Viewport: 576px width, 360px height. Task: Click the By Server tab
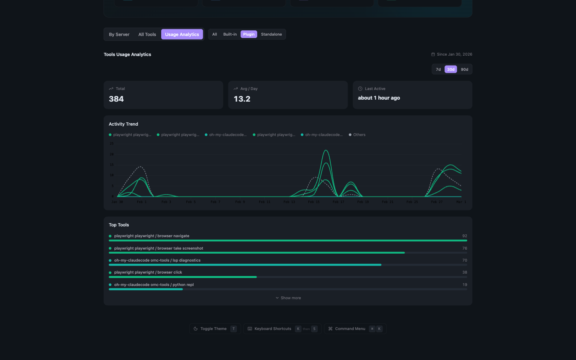(x=119, y=34)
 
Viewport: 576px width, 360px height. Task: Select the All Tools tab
(x=147, y=34)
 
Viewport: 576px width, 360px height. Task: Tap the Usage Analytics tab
(x=182, y=34)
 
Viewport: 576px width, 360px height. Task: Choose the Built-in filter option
(x=230, y=34)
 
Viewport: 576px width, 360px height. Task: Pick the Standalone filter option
(x=271, y=34)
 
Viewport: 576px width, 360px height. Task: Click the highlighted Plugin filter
(x=249, y=34)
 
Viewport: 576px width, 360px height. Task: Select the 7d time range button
(x=438, y=70)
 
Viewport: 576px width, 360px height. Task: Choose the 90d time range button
(x=464, y=70)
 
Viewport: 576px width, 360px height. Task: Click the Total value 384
(x=116, y=99)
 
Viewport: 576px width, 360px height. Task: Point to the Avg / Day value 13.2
(x=242, y=99)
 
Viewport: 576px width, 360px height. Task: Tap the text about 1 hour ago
(x=379, y=98)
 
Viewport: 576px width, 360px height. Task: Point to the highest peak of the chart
(x=326, y=150)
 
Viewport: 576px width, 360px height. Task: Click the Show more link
(x=288, y=298)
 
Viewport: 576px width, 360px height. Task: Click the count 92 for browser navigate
(x=464, y=236)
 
